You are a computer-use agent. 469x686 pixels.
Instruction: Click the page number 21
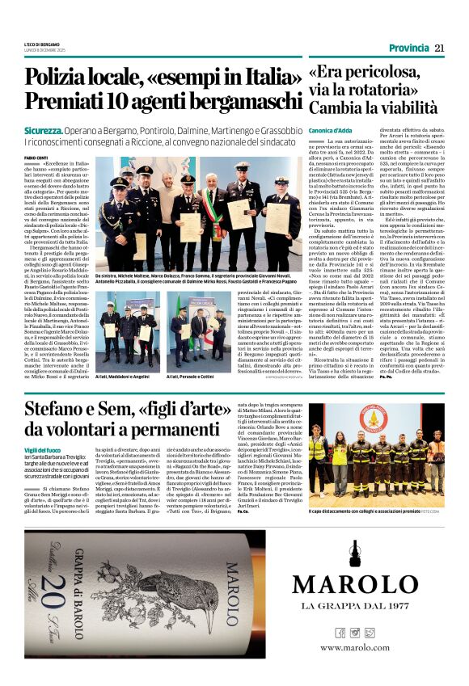pos(439,48)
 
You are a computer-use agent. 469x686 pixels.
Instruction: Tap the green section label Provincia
pos(408,48)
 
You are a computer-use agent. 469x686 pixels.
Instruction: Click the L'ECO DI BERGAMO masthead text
pos(42,44)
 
